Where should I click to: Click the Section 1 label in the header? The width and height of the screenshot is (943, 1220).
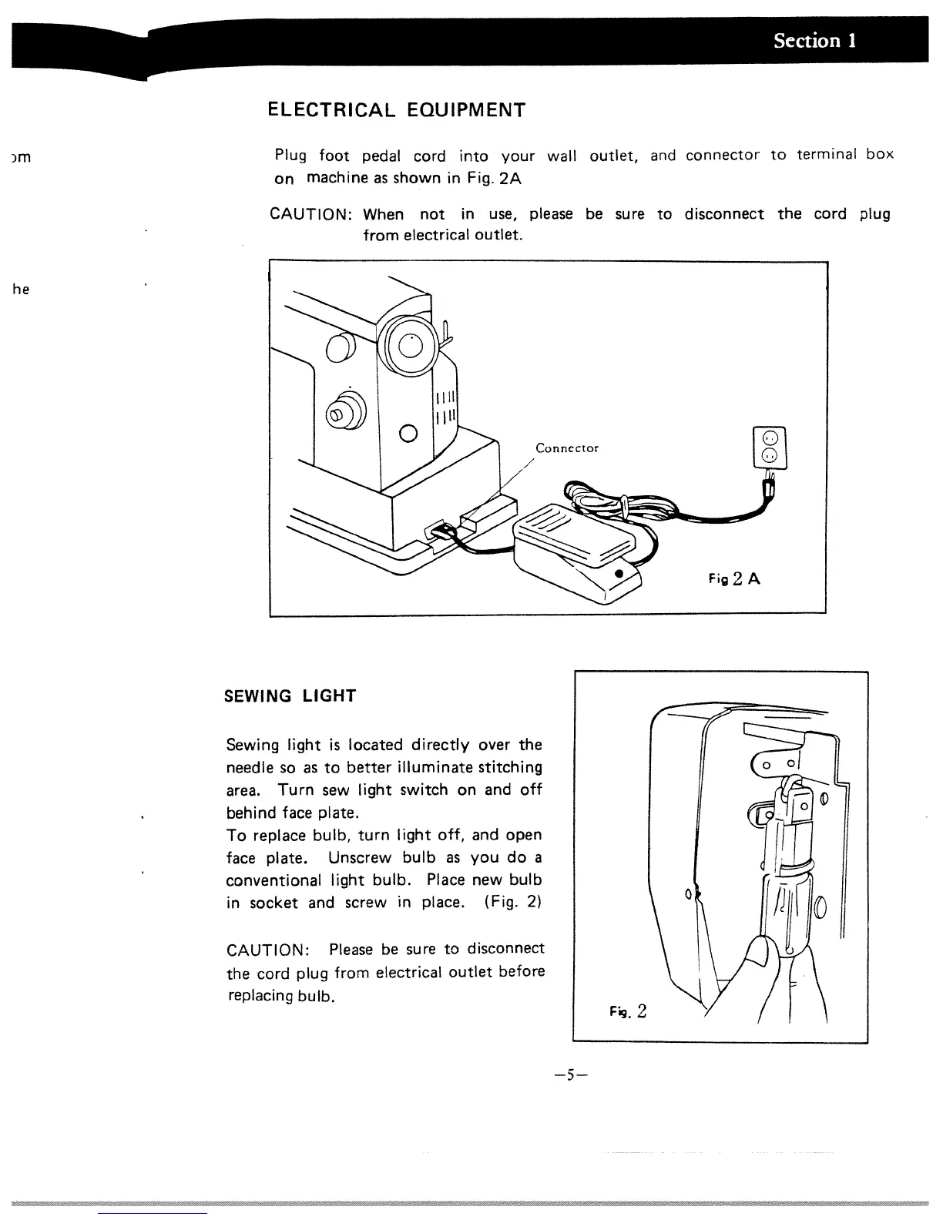tap(815, 41)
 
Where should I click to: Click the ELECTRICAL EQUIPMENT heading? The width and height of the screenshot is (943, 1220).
tap(396, 110)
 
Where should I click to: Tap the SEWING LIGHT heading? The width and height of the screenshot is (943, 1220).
tap(290, 696)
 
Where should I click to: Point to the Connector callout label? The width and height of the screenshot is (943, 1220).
tap(567, 448)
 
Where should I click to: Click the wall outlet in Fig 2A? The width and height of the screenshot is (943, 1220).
tap(770, 448)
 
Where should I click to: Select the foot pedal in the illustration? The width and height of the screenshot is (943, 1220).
tap(574, 551)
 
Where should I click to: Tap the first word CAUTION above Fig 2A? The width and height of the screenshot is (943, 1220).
tap(312, 215)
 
